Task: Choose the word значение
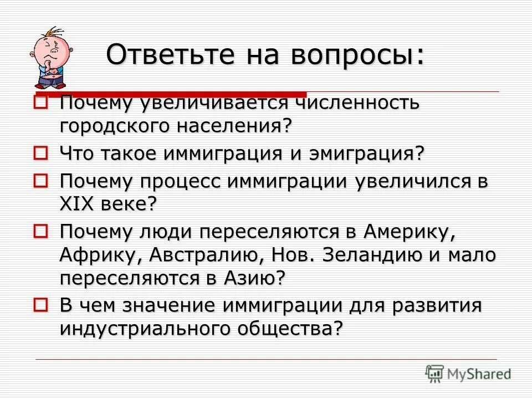[164, 305]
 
